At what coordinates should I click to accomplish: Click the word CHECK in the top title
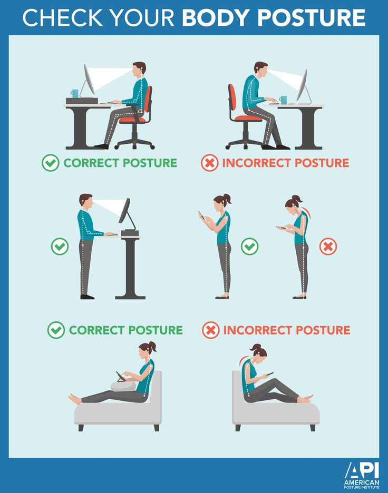point(55,17)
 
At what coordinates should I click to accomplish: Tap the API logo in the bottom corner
point(361,473)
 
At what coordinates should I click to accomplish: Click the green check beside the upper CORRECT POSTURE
point(50,163)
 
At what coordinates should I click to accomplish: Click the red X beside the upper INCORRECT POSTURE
point(209,163)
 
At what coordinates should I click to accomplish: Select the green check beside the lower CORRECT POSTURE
point(56,330)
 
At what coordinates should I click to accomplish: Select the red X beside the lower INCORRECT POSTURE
point(211,330)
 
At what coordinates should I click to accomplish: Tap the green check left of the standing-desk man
point(60,246)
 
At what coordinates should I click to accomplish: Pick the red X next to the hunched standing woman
point(328,246)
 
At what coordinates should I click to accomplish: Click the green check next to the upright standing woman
point(249,246)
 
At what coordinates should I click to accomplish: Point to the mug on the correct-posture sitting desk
point(74,94)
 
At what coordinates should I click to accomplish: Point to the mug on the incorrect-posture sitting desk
point(284,99)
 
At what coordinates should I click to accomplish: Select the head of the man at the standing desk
point(86,201)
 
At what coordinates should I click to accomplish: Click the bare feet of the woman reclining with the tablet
point(75,399)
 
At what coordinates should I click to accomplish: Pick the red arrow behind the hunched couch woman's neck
point(244,359)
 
